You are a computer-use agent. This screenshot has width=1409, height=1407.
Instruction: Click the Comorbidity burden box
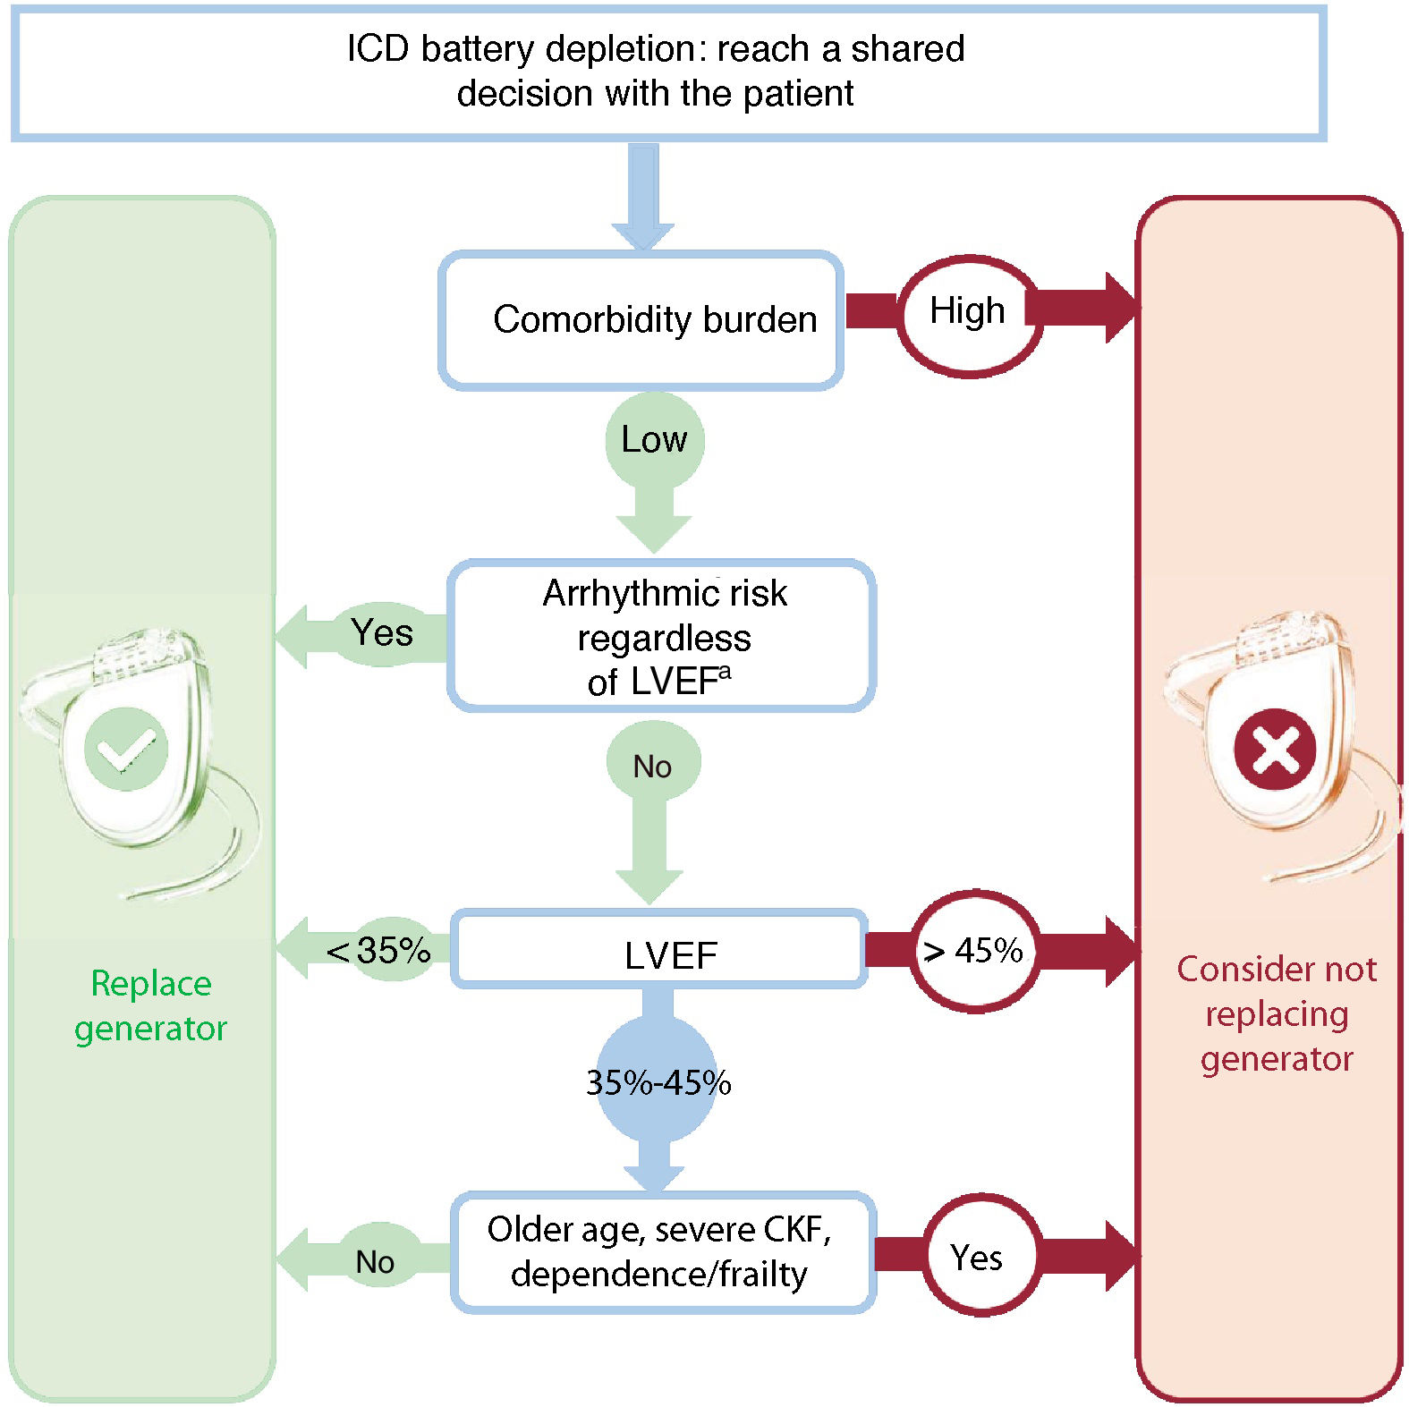[641, 320]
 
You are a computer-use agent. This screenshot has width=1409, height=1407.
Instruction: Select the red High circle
[969, 315]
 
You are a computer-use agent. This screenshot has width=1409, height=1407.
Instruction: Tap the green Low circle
[654, 440]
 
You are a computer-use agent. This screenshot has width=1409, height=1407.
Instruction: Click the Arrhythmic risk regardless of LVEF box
[661, 636]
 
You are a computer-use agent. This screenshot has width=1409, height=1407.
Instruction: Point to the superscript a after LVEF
[725, 671]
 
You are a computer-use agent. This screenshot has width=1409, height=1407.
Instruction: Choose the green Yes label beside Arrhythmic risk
[382, 633]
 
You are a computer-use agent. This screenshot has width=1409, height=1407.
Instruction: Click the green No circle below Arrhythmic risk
[652, 765]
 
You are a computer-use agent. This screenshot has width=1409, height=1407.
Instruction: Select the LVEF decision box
[659, 949]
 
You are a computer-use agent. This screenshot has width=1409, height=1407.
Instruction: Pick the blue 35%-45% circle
[658, 1082]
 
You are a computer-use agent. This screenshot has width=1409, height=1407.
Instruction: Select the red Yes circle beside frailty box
[978, 1256]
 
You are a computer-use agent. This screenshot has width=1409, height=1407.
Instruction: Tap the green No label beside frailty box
[375, 1261]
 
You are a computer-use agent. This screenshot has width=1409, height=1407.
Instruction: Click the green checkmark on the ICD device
[126, 749]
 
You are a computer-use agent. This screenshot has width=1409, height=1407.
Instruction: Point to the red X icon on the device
[1275, 749]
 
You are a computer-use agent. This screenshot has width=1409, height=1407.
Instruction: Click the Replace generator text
[150, 1005]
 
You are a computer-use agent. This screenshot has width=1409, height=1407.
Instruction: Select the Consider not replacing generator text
[1277, 1013]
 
